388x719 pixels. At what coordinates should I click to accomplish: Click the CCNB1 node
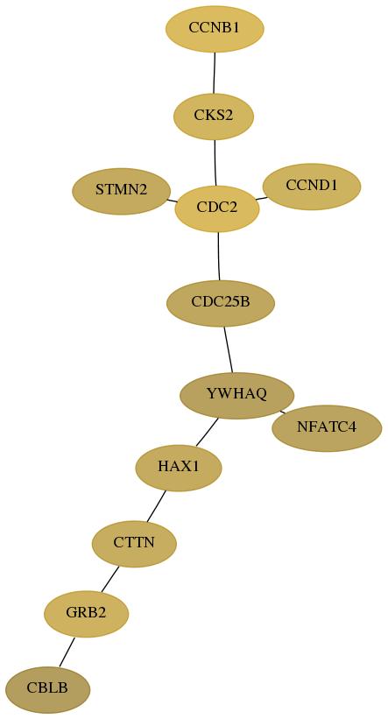point(215,28)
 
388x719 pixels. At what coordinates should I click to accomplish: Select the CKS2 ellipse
point(214,116)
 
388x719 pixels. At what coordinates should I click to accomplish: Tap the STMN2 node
point(122,191)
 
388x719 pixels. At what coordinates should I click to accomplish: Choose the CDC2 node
point(217,208)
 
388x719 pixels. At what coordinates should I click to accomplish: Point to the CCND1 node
point(312,187)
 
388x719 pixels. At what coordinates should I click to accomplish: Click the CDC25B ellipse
point(221,303)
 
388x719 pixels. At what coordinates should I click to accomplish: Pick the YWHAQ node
point(236,395)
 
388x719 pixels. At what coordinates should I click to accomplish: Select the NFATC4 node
point(327,428)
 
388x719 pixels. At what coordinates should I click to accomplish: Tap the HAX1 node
point(179,469)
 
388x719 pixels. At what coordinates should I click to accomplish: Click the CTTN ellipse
point(134,544)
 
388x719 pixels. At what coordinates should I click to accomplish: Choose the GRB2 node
point(86,614)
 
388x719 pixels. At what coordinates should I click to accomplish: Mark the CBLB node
point(47,689)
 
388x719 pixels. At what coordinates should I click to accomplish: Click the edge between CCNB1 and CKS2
point(215,73)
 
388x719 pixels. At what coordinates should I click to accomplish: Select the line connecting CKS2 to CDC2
point(215,163)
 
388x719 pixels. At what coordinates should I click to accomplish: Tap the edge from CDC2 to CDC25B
point(219,257)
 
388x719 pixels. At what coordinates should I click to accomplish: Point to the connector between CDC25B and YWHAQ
point(229,349)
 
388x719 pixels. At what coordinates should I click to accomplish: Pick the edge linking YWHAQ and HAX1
point(208,432)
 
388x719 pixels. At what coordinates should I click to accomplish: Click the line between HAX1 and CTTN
point(157,506)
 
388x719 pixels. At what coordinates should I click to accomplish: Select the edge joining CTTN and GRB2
point(110,579)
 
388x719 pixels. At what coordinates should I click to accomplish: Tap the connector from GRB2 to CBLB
point(67,652)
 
